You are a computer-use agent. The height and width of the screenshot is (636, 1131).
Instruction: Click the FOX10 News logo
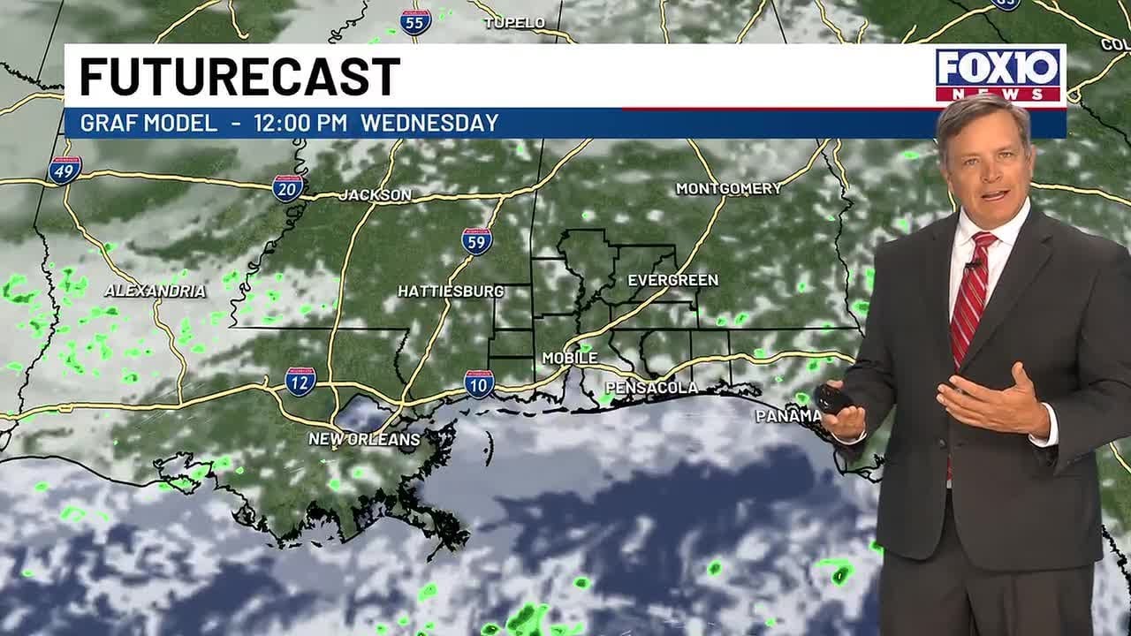coord(999,75)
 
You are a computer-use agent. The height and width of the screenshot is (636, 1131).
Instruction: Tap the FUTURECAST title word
coord(240,77)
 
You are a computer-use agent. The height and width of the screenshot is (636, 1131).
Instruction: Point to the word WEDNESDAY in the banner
coord(429,123)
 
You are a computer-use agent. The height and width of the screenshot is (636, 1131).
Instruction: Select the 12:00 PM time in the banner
coord(300,123)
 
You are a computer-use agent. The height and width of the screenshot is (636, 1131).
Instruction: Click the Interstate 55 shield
coord(415,22)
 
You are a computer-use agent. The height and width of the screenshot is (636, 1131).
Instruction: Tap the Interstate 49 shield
coord(65,170)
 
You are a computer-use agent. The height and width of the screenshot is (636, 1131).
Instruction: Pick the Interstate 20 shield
coord(288,188)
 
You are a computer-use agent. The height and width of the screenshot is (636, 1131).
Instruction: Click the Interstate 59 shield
coord(476,241)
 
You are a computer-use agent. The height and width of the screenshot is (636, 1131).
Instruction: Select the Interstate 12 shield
coord(300,382)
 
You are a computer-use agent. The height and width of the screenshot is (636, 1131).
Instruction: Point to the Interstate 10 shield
coord(479,383)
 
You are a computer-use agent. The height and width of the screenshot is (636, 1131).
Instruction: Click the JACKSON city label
coord(376,195)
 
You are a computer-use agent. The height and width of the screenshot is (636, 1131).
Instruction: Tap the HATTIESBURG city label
coord(451,291)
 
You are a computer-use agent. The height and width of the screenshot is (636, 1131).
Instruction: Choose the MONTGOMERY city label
coord(729,188)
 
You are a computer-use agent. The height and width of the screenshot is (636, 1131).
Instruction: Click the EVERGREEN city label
coord(672,280)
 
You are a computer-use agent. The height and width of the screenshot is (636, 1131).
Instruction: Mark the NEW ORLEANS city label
coord(364,439)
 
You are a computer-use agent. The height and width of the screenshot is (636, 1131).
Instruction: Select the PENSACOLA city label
coord(651,388)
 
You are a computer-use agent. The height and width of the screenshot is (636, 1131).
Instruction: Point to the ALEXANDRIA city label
coord(155,291)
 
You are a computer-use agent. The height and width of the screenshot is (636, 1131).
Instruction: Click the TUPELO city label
coord(515,23)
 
